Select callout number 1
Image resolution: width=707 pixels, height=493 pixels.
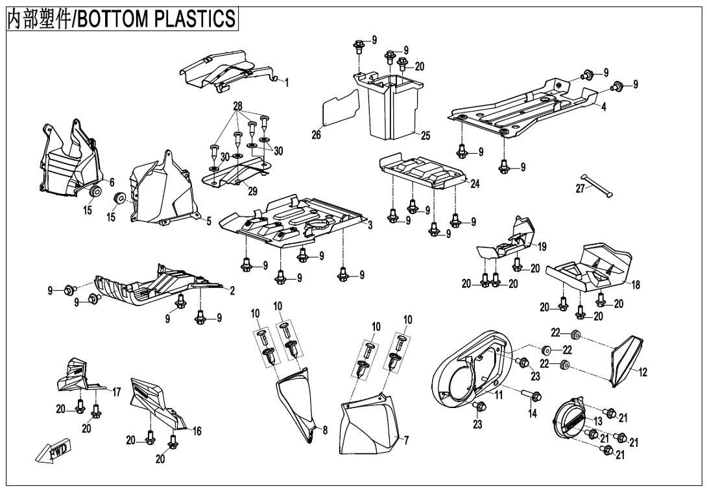(286, 82)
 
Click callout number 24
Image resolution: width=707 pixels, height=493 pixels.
(475, 184)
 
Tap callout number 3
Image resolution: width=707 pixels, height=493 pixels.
(370, 224)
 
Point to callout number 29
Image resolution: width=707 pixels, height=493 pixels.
(252, 191)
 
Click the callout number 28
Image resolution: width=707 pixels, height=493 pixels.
(237, 106)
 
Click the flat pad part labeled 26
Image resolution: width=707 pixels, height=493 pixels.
(341, 106)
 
